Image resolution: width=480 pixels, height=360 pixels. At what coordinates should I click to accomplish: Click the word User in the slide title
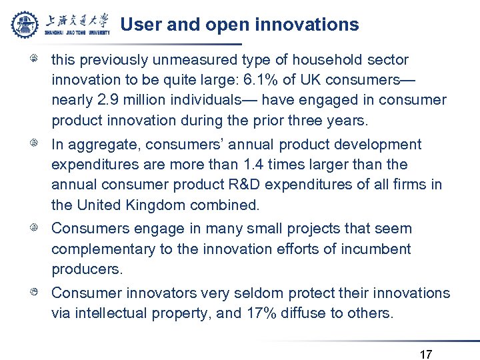click(139, 25)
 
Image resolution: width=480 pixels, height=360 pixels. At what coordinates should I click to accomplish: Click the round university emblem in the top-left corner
click(25, 24)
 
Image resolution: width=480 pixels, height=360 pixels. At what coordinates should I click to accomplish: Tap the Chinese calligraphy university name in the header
click(77, 20)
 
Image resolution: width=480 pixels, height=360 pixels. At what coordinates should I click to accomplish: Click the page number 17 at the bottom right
click(426, 354)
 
